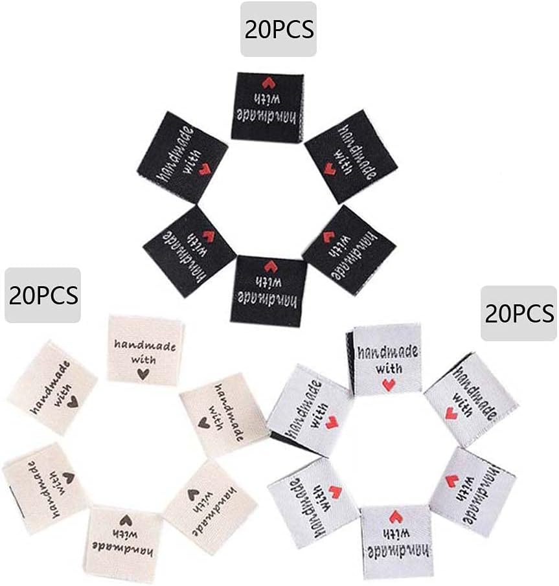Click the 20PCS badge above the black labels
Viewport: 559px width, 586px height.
click(279, 29)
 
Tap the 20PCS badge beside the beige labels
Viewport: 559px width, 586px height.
click(43, 295)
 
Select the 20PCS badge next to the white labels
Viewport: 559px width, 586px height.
click(519, 313)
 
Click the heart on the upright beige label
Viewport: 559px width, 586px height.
click(143, 374)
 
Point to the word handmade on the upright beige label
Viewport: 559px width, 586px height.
click(144, 345)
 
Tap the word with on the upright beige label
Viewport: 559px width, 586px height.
click(143, 359)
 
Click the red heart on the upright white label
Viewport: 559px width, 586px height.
click(389, 385)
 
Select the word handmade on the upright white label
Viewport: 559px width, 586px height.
click(388, 352)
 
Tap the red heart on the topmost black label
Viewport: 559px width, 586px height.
click(268, 83)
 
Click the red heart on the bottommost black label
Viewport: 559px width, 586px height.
click(270, 267)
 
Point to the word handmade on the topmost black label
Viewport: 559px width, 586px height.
click(266, 116)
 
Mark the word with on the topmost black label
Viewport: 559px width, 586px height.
click(267, 98)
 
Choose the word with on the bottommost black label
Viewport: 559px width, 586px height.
click(268, 282)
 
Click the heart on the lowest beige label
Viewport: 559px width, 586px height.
click(126, 521)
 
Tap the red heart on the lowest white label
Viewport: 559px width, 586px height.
click(396, 517)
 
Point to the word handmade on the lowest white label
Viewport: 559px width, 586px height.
click(398, 551)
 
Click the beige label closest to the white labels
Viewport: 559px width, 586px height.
click(224, 414)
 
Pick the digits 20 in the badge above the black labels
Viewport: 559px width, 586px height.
click(257, 30)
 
